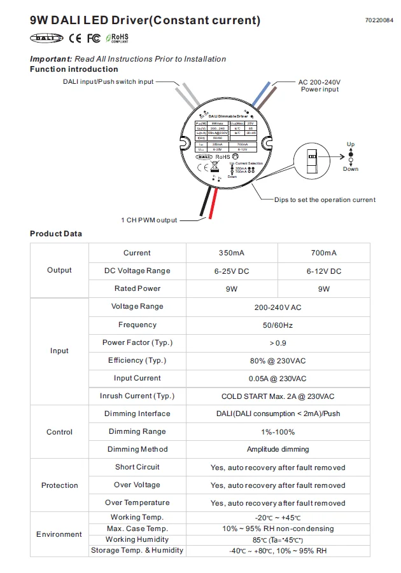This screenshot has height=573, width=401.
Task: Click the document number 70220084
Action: [x=379, y=20]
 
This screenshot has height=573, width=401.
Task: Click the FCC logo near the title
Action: [x=94, y=38]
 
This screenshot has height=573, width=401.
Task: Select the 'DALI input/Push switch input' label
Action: [x=108, y=81]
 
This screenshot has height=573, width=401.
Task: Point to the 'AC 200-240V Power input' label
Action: [x=320, y=86]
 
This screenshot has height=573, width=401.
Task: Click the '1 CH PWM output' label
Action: [x=149, y=220]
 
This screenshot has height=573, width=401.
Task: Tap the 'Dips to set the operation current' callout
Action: [x=325, y=199]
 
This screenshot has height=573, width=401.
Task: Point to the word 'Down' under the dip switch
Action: [x=351, y=169]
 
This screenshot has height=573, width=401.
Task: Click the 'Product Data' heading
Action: [x=56, y=234]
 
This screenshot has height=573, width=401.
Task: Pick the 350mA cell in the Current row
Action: [x=231, y=253]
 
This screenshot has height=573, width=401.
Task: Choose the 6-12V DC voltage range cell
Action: [x=323, y=271]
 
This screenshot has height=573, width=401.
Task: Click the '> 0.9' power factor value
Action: [x=277, y=342]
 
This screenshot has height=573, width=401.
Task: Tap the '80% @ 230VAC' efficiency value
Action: [x=277, y=360]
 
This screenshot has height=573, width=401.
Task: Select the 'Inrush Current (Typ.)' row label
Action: [x=137, y=396]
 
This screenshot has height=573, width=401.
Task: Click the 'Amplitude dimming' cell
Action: [x=278, y=449]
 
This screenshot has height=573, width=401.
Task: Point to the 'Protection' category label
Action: [x=59, y=485]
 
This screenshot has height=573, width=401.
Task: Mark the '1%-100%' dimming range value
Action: [x=278, y=431]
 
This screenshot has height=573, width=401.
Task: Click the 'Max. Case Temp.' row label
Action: [x=137, y=529]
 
